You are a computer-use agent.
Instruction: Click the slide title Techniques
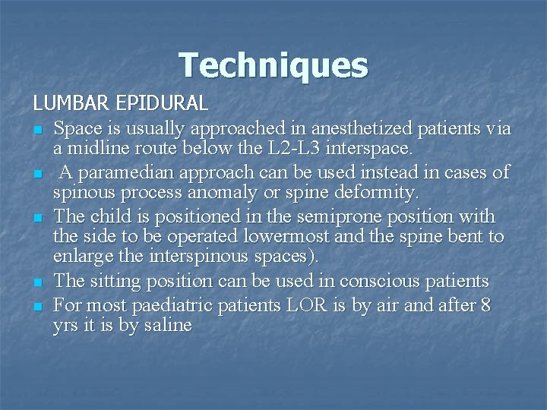273,65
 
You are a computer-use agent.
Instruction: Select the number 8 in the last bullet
484,304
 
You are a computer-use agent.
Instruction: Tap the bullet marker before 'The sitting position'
36,282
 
